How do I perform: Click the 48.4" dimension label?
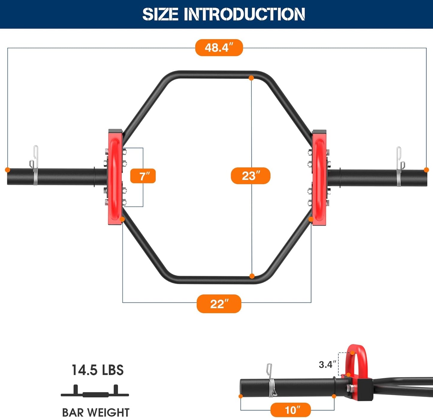click(219, 48)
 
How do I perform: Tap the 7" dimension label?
click(143, 176)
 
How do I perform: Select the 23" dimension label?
click(251, 176)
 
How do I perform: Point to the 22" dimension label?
click(219, 304)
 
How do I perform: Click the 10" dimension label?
click(290, 410)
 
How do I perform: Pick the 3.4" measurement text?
click(327, 364)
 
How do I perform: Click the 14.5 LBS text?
click(97, 370)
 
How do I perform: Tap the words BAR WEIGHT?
click(96, 412)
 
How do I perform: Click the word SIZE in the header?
click(160, 14)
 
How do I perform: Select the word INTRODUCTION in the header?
click(244, 14)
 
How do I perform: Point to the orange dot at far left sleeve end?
click(7, 170)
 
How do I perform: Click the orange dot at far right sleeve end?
click(426, 170)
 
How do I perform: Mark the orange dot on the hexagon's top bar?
click(251, 78)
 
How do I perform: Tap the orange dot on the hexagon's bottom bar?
click(252, 276)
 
